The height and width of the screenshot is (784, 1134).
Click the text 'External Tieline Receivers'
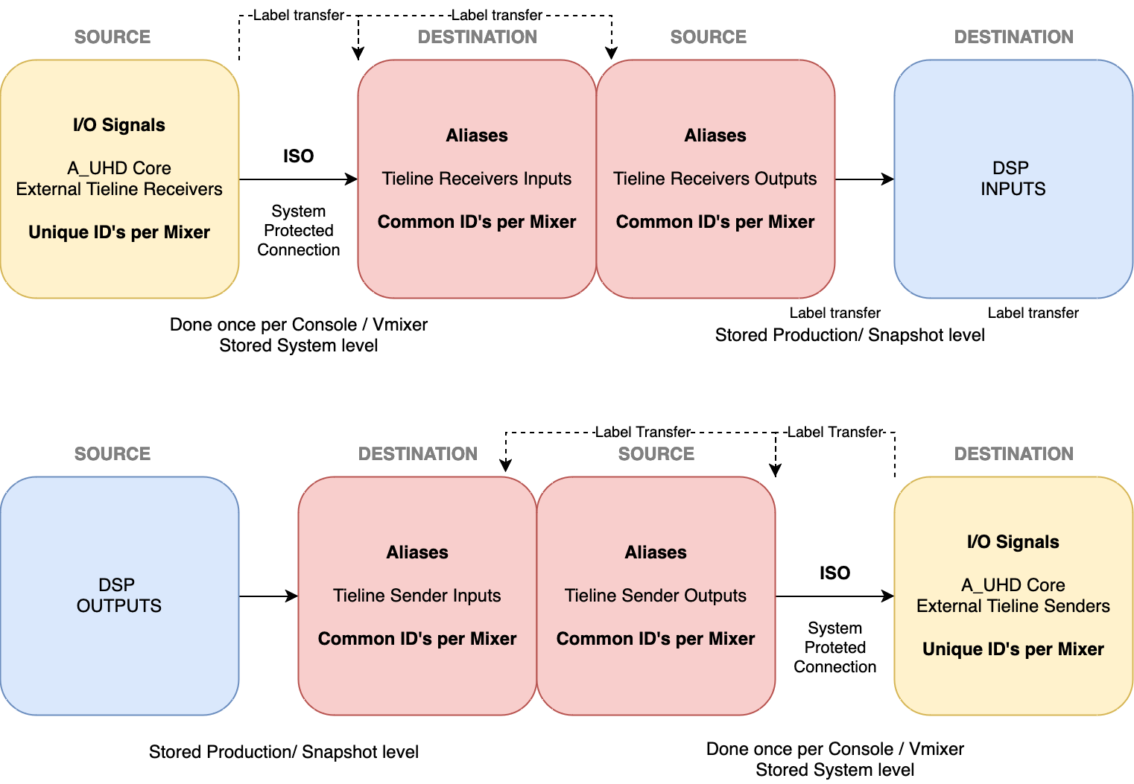[x=119, y=189]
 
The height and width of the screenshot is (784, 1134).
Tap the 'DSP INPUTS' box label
[x=1013, y=179]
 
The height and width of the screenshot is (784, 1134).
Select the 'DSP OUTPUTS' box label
[x=119, y=596]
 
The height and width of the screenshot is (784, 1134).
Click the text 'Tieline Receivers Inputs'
[x=477, y=179]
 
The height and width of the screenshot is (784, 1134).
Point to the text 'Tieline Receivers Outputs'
[x=715, y=179]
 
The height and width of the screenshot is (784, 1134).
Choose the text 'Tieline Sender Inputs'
[x=417, y=596]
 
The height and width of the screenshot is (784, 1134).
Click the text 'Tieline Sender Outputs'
[x=656, y=596]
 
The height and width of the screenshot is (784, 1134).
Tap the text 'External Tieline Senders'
[x=1013, y=606]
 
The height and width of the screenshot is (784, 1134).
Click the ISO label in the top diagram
[x=298, y=156]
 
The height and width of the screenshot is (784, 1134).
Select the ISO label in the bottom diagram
[x=834, y=573]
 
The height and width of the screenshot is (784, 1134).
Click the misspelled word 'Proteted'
[x=834, y=648]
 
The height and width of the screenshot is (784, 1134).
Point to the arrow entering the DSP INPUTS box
[x=864, y=179]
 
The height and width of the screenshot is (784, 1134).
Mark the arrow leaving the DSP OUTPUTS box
[x=268, y=596]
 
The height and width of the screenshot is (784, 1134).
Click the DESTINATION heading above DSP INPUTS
[x=1013, y=37]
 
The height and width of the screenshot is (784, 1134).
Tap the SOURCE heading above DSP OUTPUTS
[x=113, y=454]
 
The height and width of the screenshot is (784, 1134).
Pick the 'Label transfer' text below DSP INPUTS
[x=1033, y=313]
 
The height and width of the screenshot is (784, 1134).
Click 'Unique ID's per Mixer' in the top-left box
[x=119, y=232]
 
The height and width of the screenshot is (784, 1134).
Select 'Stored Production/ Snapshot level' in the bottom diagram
[x=284, y=753]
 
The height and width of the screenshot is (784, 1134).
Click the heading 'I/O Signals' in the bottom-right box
[x=1013, y=542]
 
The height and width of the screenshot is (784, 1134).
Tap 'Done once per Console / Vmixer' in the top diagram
[x=299, y=325]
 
